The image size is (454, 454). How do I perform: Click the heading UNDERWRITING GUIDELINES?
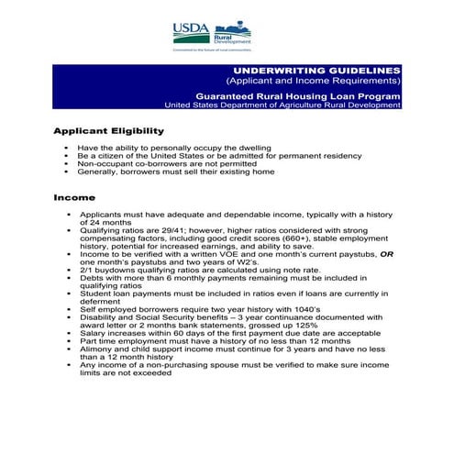[x=316, y=71]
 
